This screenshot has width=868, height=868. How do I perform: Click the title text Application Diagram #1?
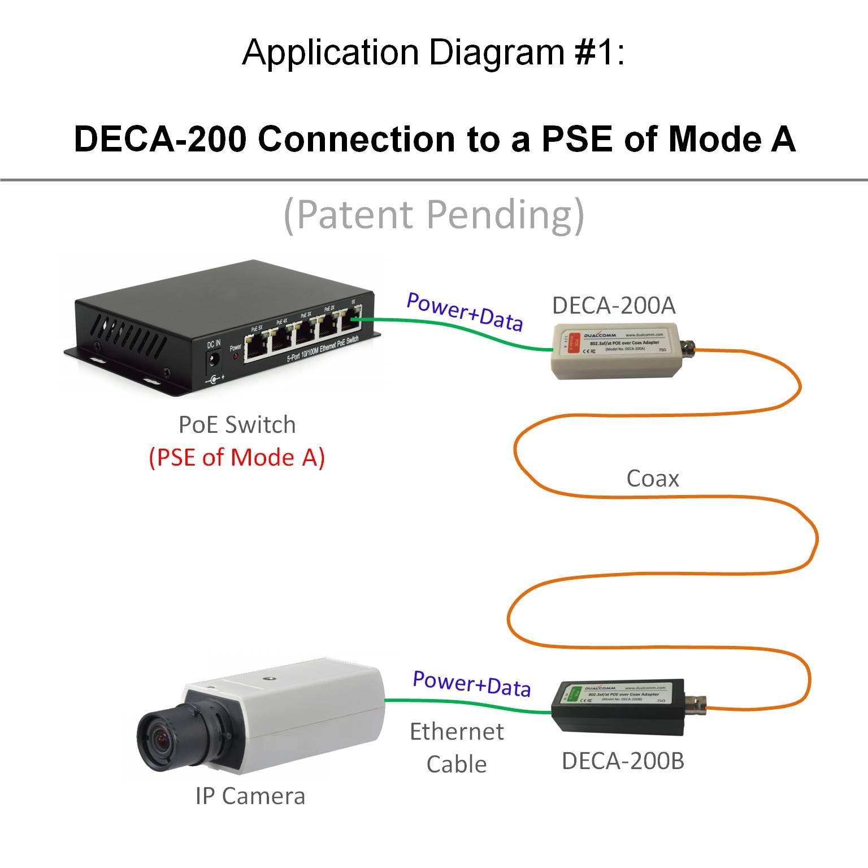433,52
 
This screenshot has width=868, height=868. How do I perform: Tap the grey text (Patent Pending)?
433,215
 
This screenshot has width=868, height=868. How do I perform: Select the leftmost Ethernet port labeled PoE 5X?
257,345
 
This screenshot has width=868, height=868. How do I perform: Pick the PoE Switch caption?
237,424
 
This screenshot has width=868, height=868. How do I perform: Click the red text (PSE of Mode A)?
237,457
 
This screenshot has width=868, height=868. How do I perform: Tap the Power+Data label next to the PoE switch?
465,311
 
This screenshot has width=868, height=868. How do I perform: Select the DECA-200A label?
614,305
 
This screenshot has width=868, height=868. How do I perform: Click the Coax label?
652,479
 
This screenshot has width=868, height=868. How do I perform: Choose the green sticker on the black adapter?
574,693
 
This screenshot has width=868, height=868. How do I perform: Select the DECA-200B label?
623,761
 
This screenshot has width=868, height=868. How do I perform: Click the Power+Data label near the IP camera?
472,684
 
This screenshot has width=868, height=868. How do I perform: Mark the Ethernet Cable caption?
457,748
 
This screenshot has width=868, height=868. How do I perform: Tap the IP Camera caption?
250,796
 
